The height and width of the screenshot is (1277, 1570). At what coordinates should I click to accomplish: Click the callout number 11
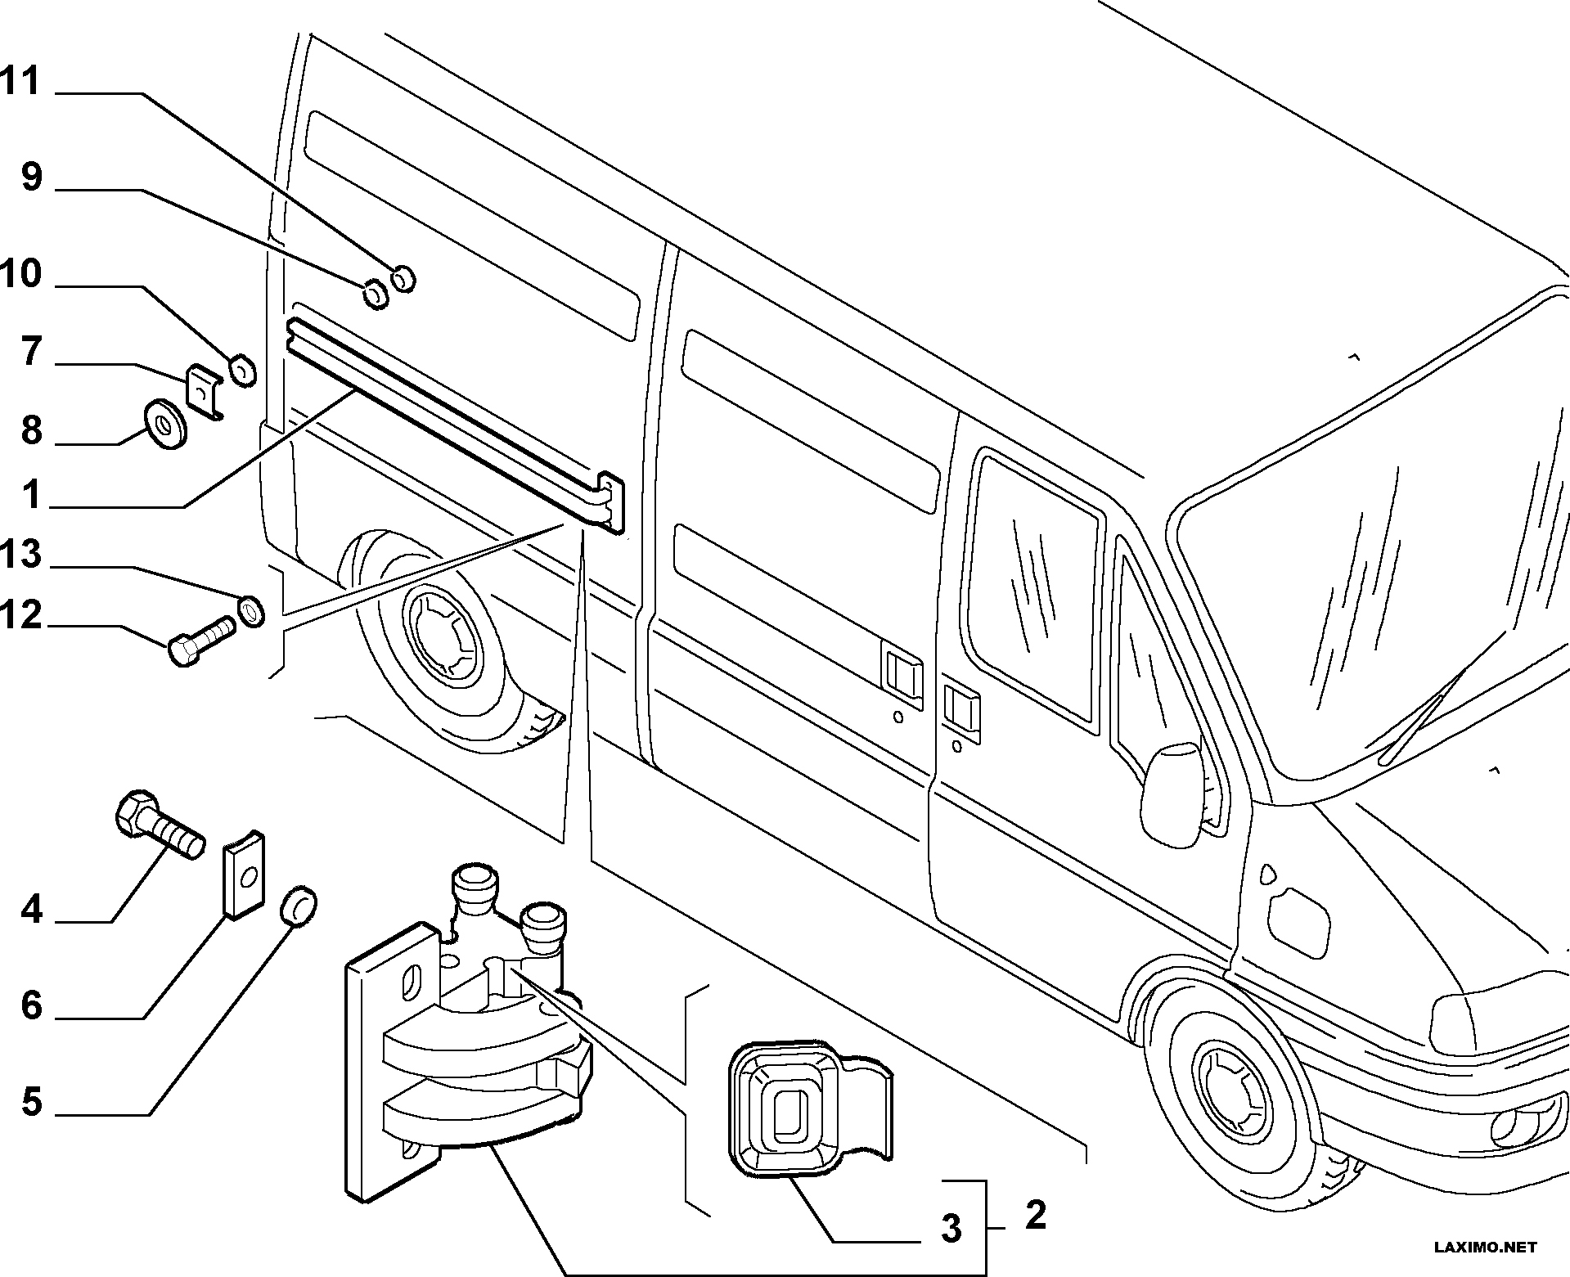20,81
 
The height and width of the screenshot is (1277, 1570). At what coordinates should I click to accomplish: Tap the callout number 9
31,176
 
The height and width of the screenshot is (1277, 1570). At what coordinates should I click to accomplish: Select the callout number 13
21,554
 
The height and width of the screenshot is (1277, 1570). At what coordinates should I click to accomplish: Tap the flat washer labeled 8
164,424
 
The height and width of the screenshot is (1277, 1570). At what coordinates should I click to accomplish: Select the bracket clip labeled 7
205,393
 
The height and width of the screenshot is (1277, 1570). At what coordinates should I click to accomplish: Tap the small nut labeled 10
243,371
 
